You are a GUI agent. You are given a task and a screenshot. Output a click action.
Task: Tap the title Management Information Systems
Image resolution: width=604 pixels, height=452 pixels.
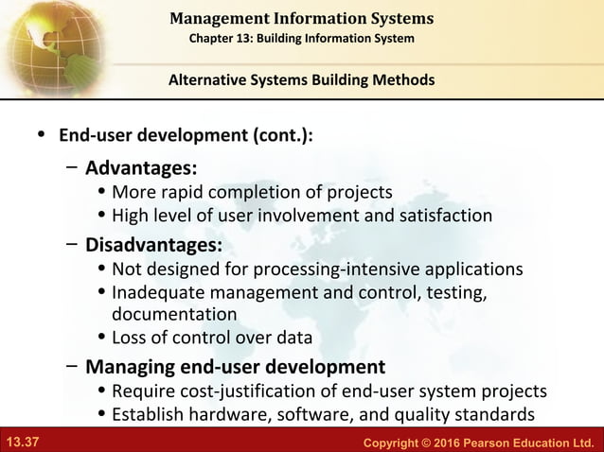tap(302, 18)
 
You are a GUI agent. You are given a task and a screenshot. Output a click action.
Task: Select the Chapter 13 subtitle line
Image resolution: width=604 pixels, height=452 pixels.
tap(302, 37)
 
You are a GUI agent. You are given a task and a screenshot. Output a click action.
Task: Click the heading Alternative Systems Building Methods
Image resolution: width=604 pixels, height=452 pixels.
tap(301, 79)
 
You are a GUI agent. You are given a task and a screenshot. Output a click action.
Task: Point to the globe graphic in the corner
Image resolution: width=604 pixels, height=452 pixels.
tap(43, 43)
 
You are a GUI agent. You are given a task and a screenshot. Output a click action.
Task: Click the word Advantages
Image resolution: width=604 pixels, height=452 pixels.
tap(141, 168)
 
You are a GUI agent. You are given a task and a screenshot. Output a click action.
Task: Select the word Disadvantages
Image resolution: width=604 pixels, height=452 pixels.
tap(154, 245)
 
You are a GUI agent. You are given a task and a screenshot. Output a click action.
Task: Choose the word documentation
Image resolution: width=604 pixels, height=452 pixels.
tap(174, 313)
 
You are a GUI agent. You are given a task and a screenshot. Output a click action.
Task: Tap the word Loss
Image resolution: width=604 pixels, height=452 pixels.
tap(131, 337)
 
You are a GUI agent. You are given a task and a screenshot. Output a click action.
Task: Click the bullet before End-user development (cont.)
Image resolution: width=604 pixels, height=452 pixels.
tap(40, 135)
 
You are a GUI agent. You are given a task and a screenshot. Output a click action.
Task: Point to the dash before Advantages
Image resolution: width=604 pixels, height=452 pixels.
tap(72, 168)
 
